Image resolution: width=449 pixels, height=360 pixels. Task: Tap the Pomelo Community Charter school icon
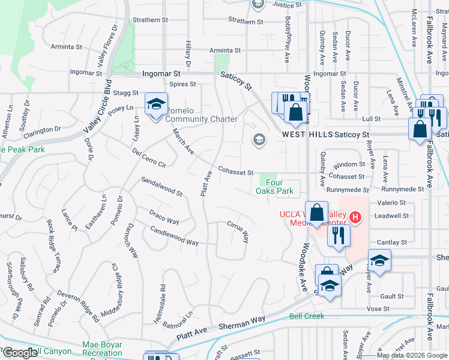click(x=156, y=106)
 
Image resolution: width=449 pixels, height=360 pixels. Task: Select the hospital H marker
click(x=355, y=217)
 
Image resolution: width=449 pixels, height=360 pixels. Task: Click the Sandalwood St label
click(x=161, y=187)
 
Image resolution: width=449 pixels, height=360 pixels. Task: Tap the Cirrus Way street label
click(x=238, y=231)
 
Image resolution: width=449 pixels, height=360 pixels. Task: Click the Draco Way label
click(x=164, y=217)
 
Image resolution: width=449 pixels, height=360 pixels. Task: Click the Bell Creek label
click(x=306, y=316)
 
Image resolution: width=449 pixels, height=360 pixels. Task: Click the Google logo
click(x=19, y=353)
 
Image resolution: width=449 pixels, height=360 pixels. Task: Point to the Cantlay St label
click(x=391, y=242)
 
